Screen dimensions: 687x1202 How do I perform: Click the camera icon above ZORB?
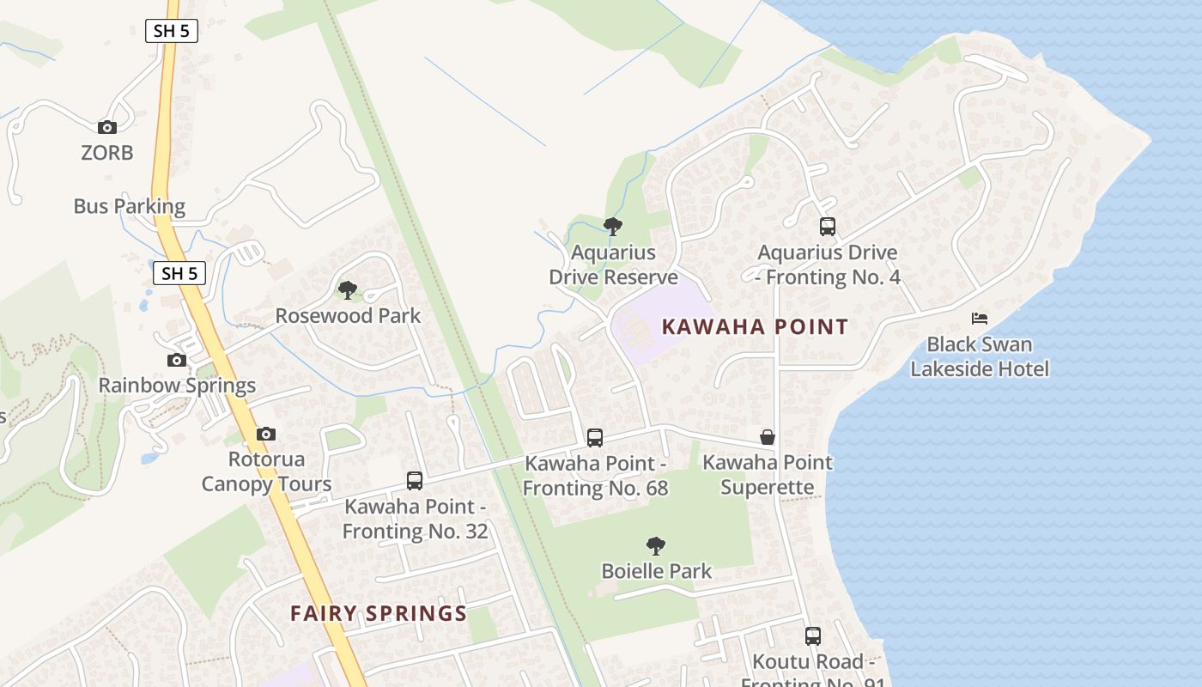pos(107,127)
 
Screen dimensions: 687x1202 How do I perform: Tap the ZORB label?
pos(107,153)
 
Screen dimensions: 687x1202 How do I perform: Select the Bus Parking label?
pos(130,206)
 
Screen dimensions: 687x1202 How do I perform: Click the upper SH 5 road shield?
pos(172,32)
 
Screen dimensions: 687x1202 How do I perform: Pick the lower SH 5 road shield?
pos(180,274)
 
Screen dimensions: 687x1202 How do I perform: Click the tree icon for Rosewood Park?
pos(347,290)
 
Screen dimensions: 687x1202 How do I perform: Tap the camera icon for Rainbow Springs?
pos(177,360)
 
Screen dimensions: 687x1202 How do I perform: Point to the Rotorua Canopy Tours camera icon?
pos(266,434)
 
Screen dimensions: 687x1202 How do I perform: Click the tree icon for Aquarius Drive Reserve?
pos(613,227)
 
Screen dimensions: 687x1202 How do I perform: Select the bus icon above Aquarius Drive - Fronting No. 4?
pos(828,227)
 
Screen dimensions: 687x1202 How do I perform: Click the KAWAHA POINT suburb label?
pos(755,327)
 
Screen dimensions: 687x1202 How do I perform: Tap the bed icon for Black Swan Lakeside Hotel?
pos(980,319)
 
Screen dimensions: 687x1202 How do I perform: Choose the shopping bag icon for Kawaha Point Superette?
pos(768,437)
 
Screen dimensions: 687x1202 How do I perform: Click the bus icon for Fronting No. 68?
pos(595,438)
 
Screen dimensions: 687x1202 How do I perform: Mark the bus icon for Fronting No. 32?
pos(415,481)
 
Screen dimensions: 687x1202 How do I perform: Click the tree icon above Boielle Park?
pos(656,545)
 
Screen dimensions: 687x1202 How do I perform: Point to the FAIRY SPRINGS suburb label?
pos(379,614)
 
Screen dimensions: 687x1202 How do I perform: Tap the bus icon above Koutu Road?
pos(813,636)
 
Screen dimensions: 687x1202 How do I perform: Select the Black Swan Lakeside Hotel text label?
pos(980,356)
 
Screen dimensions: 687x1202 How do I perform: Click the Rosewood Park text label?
pos(348,316)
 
